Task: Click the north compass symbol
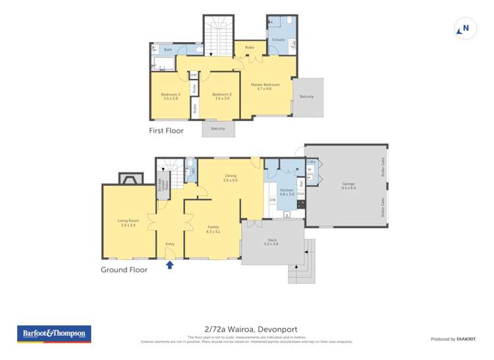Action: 464,28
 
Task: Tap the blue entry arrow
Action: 170,265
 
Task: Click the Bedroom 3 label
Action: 170,96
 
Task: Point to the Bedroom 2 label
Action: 221,96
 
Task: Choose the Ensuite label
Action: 279,40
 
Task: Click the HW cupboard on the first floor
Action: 194,75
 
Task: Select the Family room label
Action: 213,228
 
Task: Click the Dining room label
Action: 231,177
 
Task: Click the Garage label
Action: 348,186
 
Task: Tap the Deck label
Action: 271,242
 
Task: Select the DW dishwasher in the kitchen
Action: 272,200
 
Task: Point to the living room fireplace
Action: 129,178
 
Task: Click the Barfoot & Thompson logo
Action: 53,334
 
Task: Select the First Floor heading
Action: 166,131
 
